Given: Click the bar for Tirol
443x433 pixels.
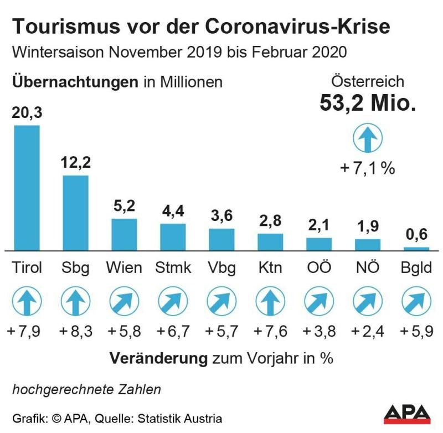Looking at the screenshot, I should (x=27, y=188).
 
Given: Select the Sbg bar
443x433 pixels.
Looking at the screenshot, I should (x=75, y=213).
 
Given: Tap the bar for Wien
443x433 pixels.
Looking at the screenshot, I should (x=124, y=234).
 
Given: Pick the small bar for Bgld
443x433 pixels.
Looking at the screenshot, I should (x=416, y=249).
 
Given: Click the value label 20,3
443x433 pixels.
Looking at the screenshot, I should (x=27, y=114).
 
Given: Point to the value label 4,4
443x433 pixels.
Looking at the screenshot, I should (x=173, y=212).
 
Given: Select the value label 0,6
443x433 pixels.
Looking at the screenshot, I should (x=416, y=235).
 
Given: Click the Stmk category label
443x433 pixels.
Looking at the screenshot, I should (x=173, y=269).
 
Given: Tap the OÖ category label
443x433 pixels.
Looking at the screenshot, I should (x=318, y=269).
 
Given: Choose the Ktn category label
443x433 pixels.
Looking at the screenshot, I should (x=270, y=269).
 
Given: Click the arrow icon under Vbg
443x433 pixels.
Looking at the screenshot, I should (x=221, y=302).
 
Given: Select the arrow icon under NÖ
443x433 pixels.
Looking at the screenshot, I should (x=368, y=302).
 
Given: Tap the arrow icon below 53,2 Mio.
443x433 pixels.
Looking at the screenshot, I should (x=367, y=138).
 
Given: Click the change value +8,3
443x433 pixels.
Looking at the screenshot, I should (x=75, y=332).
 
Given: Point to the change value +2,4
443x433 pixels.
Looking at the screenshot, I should (x=368, y=332).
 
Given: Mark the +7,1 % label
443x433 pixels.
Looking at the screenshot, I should (x=367, y=168).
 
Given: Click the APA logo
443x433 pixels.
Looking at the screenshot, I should (x=407, y=413).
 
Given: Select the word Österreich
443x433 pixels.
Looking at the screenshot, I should (x=367, y=82).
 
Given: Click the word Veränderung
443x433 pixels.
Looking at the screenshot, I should (x=158, y=358).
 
